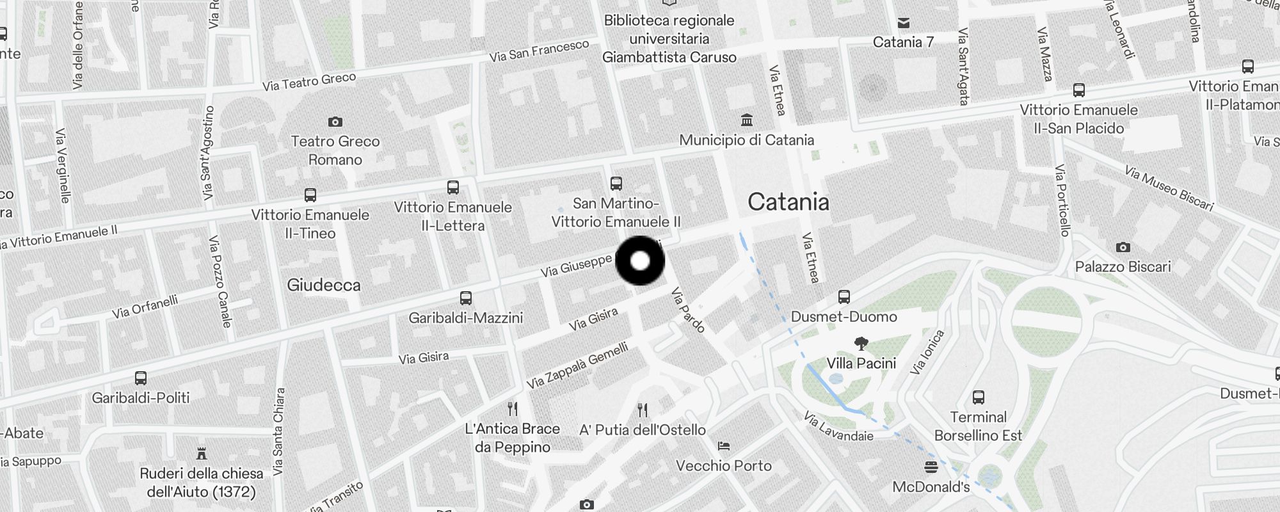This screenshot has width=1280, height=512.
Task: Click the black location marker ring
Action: [640, 261]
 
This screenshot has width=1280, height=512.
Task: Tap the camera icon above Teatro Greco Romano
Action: [335, 122]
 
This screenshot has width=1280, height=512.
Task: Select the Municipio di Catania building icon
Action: [746, 120]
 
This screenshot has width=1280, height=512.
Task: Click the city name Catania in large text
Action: [788, 202]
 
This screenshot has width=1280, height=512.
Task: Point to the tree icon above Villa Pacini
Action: [861, 344]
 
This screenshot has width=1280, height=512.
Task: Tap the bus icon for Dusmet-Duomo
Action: [844, 297]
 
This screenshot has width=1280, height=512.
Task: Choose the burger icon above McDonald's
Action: [931, 467]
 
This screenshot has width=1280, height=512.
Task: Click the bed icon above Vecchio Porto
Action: [724, 446]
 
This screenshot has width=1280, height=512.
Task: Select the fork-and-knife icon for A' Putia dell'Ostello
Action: [643, 410]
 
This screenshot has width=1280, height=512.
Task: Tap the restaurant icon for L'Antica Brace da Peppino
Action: [512, 409]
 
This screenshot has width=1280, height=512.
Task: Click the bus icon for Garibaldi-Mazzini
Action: [466, 298]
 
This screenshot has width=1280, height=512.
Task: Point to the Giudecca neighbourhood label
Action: [323, 285]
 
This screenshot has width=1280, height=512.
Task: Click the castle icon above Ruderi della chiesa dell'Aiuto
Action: [202, 454]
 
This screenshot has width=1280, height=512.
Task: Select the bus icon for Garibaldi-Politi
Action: [141, 378]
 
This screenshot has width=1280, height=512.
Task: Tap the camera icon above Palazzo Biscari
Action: [1123, 247]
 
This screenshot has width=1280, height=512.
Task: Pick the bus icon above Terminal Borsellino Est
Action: [978, 397]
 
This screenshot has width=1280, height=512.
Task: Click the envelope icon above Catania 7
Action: [904, 23]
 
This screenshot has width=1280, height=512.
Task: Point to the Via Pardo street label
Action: [687, 310]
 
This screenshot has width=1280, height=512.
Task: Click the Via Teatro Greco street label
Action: [309, 81]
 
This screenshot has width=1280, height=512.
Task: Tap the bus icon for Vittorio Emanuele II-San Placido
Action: [1079, 90]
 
